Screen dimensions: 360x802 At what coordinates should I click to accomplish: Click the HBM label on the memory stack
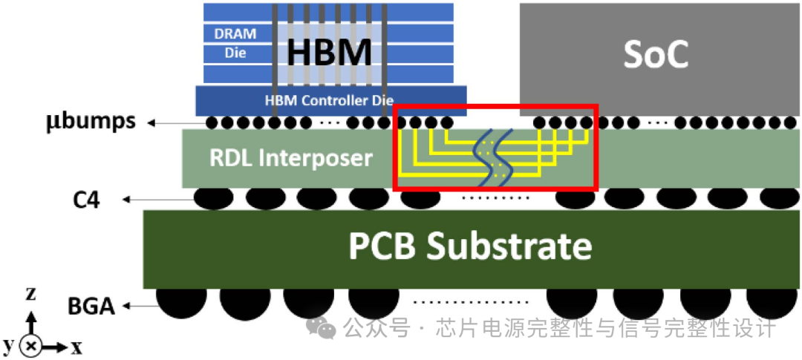329,53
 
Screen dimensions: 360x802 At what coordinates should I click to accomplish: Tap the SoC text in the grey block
656,53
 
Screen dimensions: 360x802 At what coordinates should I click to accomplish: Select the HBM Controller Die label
329,100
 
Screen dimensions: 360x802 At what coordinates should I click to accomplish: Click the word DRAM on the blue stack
235,34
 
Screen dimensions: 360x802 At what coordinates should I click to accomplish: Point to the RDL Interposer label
290,157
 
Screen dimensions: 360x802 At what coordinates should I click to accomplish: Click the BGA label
91,305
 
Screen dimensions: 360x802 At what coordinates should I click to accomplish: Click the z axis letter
31,294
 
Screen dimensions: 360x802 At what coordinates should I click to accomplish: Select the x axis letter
76,346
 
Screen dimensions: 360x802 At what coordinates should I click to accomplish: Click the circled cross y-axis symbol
31,345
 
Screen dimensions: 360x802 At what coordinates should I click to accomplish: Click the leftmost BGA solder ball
181,301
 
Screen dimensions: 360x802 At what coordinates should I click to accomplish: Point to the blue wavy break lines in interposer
493,157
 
